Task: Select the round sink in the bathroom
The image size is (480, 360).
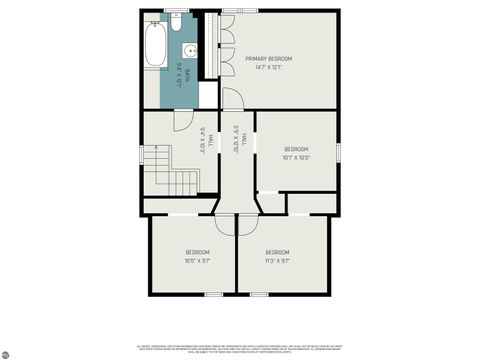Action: pyautogui.click(x=188, y=49)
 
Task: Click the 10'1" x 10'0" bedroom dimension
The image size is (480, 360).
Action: pyautogui.click(x=298, y=156)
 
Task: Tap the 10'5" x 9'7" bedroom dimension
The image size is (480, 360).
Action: pyautogui.click(x=197, y=260)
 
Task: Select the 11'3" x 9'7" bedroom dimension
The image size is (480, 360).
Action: pyautogui.click(x=277, y=260)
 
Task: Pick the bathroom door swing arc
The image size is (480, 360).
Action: pyautogui.click(x=181, y=119)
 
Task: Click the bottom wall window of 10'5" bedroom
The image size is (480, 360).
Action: pyautogui.click(x=212, y=294)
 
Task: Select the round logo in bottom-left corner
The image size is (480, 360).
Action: pyautogui.click(x=7, y=352)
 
